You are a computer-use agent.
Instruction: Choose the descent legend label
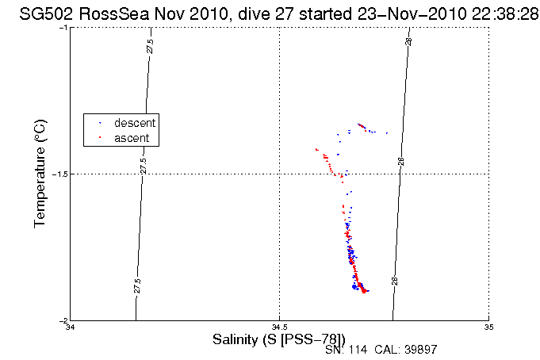coord(135,123)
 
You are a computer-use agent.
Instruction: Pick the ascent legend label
coord(132,138)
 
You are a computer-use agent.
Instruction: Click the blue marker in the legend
coord(98,123)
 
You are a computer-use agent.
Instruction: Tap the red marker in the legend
coord(98,138)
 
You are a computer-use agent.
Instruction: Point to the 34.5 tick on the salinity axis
coord(279,327)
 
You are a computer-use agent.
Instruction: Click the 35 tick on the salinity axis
coord(489,327)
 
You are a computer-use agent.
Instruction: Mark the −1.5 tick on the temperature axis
coord(60,174)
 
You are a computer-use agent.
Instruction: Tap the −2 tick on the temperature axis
coord(63,320)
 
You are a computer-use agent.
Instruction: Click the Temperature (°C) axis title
coord(40,174)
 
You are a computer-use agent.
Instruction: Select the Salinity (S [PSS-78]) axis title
coord(279,339)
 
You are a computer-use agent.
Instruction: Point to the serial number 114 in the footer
coord(359,349)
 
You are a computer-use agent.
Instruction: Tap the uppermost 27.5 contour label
coord(150,46)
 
